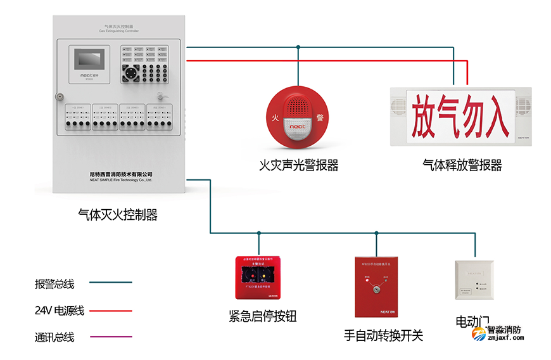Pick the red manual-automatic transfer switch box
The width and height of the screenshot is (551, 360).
pos(376,286)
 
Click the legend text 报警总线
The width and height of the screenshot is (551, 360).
pos(54,284)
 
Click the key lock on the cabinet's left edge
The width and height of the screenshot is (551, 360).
pos(59,98)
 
